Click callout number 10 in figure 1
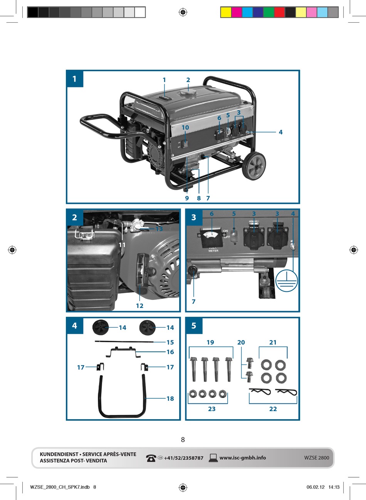click(x=185, y=127)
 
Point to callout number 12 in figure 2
click(x=139, y=306)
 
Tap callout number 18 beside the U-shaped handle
click(x=170, y=398)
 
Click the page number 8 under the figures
click(x=183, y=440)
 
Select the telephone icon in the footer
click(x=151, y=458)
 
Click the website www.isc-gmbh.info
click(x=242, y=458)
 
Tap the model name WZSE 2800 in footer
click(x=316, y=458)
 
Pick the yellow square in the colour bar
click(x=226, y=12)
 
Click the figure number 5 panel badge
click(x=194, y=326)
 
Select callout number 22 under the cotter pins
click(x=273, y=409)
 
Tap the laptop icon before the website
click(x=213, y=458)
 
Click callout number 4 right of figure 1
click(x=280, y=132)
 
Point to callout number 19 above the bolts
click(x=210, y=342)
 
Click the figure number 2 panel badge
click(x=75, y=217)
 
